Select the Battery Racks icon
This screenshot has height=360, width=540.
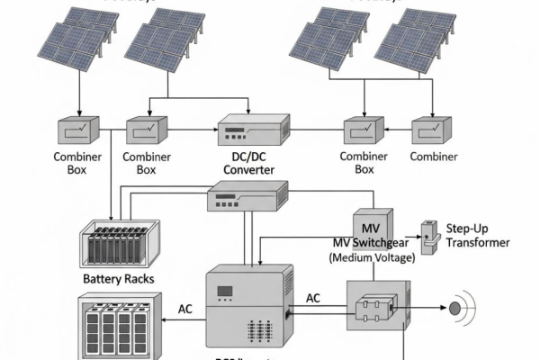point(117,242)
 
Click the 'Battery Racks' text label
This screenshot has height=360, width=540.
point(118,279)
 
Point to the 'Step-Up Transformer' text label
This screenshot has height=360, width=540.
point(477,235)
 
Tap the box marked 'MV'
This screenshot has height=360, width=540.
point(369,225)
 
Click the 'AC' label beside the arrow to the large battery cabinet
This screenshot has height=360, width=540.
point(184,309)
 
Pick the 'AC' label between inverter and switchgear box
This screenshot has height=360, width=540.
point(313,298)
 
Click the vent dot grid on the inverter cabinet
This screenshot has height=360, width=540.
point(264,327)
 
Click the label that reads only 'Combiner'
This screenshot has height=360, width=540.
point(435,156)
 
